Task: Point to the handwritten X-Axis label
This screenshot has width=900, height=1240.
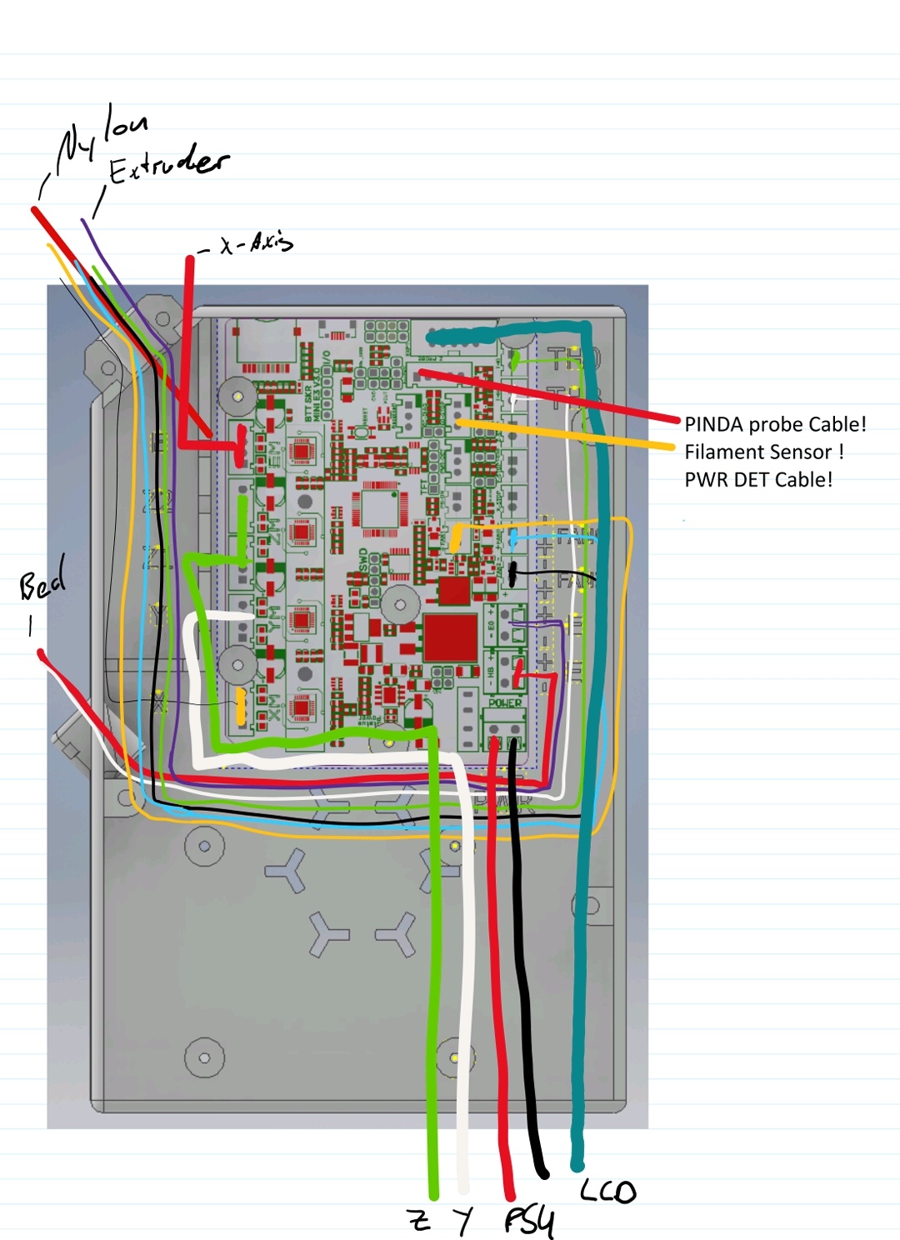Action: [x=255, y=243]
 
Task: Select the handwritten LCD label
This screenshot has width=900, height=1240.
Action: [x=608, y=1191]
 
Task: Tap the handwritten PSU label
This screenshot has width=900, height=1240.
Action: [x=528, y=1221]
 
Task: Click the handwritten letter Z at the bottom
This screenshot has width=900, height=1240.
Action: [x=420, y=1220]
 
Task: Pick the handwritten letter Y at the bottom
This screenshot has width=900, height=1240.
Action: [x=463, y=1221]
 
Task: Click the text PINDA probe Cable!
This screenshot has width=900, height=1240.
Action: [x=775, y=424]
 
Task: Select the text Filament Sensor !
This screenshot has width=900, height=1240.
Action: [x=764, y=452]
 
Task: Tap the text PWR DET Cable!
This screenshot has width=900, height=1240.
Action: [x=758, y=479]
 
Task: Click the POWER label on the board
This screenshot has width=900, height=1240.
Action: [x=505, y=702]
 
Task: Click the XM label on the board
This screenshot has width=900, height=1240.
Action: [x=274, y=707]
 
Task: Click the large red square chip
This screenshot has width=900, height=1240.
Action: [x=451, y=636]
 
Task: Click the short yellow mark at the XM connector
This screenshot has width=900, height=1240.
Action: [x=241, y=706]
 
